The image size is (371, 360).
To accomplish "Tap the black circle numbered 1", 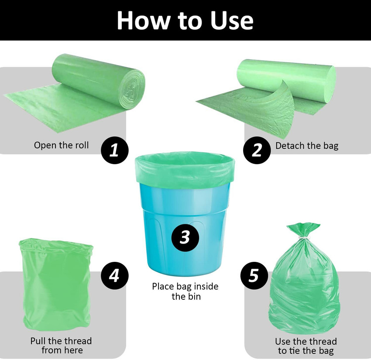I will (x=114, y=150).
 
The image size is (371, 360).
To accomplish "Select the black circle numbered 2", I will (x=257, y=150).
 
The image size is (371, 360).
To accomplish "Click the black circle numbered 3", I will (x=185, y=237).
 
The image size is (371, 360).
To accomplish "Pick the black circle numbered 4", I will (x=114, y=275).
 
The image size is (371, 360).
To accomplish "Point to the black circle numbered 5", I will (x=254, y=275).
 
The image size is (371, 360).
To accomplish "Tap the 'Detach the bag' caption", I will (x=306, y=146).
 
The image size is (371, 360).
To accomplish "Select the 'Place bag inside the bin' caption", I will (x=185, y=291).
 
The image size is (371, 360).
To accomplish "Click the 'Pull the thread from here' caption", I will (x=61, y=345).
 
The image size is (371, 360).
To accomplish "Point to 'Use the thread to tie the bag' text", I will (x=306, y=346).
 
